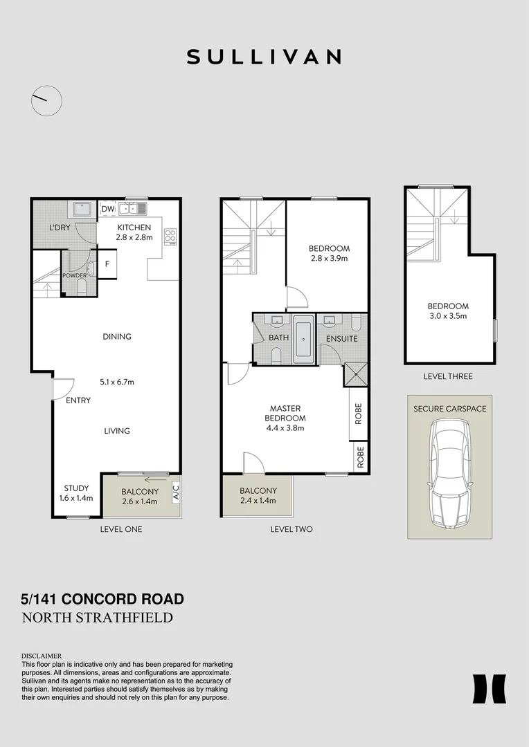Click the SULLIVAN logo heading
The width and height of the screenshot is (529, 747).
pyautogui.click(x=264, y=57)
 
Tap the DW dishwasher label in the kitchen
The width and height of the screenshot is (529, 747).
pyautogui.click(x=108, y=209)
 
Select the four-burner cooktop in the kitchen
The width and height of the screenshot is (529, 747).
pyautogui.click(x=170, y=236)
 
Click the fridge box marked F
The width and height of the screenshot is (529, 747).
pyautogui.click(x=107, y=264)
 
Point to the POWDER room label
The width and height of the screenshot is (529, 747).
pyautogui.click(x=75, y=275)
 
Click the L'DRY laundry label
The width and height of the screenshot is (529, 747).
pyautogui.click(x=60, y=228)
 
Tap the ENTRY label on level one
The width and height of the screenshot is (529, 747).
pyautogui.click(x=78, y=400)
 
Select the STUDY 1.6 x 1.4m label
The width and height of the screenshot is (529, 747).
pyautogui.click(x=76, y=493)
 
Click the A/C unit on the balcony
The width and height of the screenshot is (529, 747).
pyautogui.click(x=176, y=491)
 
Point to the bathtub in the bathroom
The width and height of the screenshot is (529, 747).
pyautogui.click(x=303, y=339)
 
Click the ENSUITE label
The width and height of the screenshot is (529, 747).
pyautogui.click(x=342, y=339)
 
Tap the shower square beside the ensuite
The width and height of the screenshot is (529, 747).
pyautogui.click(x=356, y=374)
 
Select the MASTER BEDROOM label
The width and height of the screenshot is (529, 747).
pyautogui.click(x=285, y=418)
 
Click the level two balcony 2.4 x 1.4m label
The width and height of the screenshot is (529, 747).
pyautogui.click(x=258, y=495)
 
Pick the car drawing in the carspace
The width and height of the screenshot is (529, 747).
pyautogui.click(x=449, y=474)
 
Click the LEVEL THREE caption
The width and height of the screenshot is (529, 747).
pyautogui.click(x=448, y=376)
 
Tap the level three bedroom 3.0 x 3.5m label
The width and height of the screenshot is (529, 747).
pyautogui.click(x=448, y=311)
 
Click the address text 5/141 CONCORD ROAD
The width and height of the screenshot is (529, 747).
pyautogui.click(x=102, y=599)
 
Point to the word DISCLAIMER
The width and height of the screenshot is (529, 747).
pyautogui.click(x=42, y=656)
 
